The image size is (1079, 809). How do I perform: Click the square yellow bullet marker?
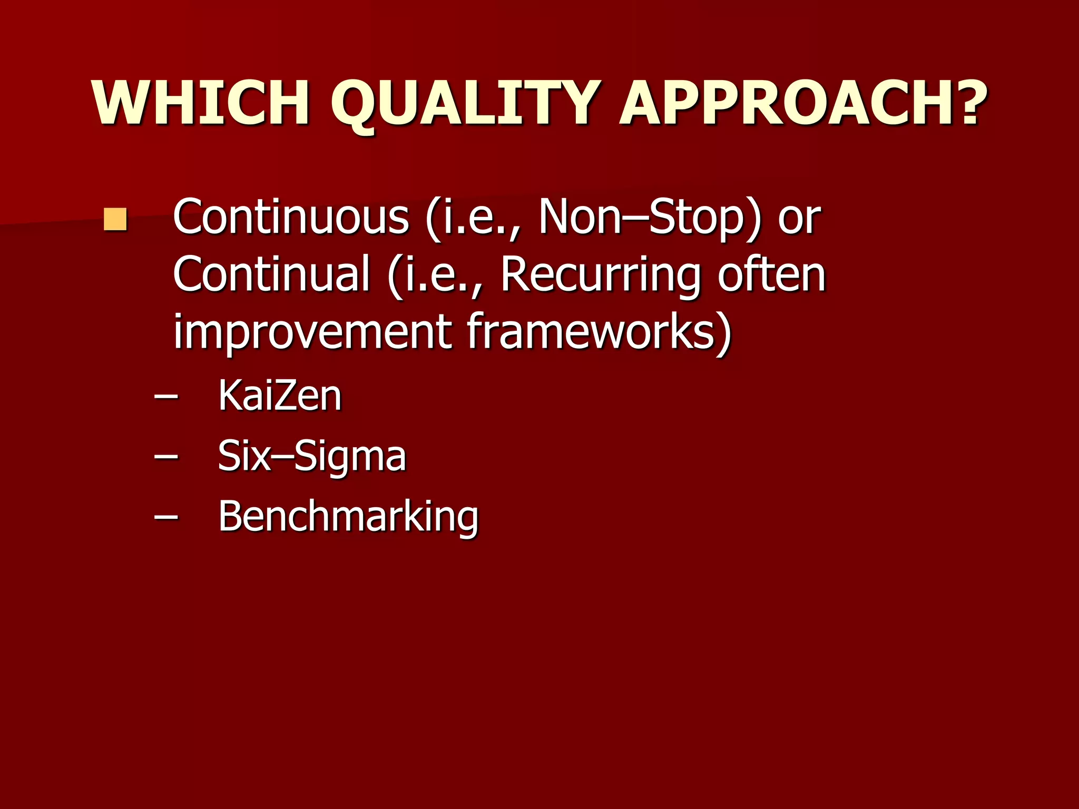tap(115, 220)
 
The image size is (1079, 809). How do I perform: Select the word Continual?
tap(271, 274)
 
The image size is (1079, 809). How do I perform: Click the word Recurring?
tap(601, 274)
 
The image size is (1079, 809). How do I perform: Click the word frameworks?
tap(590, 332)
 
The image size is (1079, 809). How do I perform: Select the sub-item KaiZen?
tap(280, 396)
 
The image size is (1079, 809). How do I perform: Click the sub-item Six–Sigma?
tap(312, 456)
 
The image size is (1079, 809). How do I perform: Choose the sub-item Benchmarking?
tap(348, 517)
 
